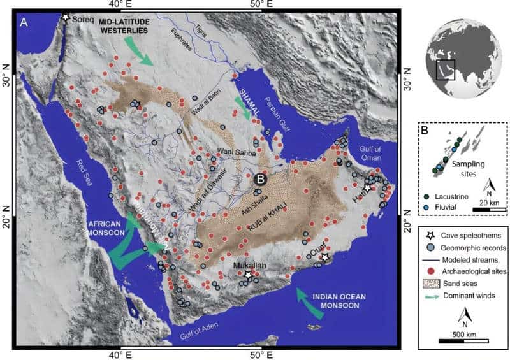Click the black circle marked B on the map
(x=260, y=180)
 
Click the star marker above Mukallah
(x=249, y=273)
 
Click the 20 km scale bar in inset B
(x=489, y=208)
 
